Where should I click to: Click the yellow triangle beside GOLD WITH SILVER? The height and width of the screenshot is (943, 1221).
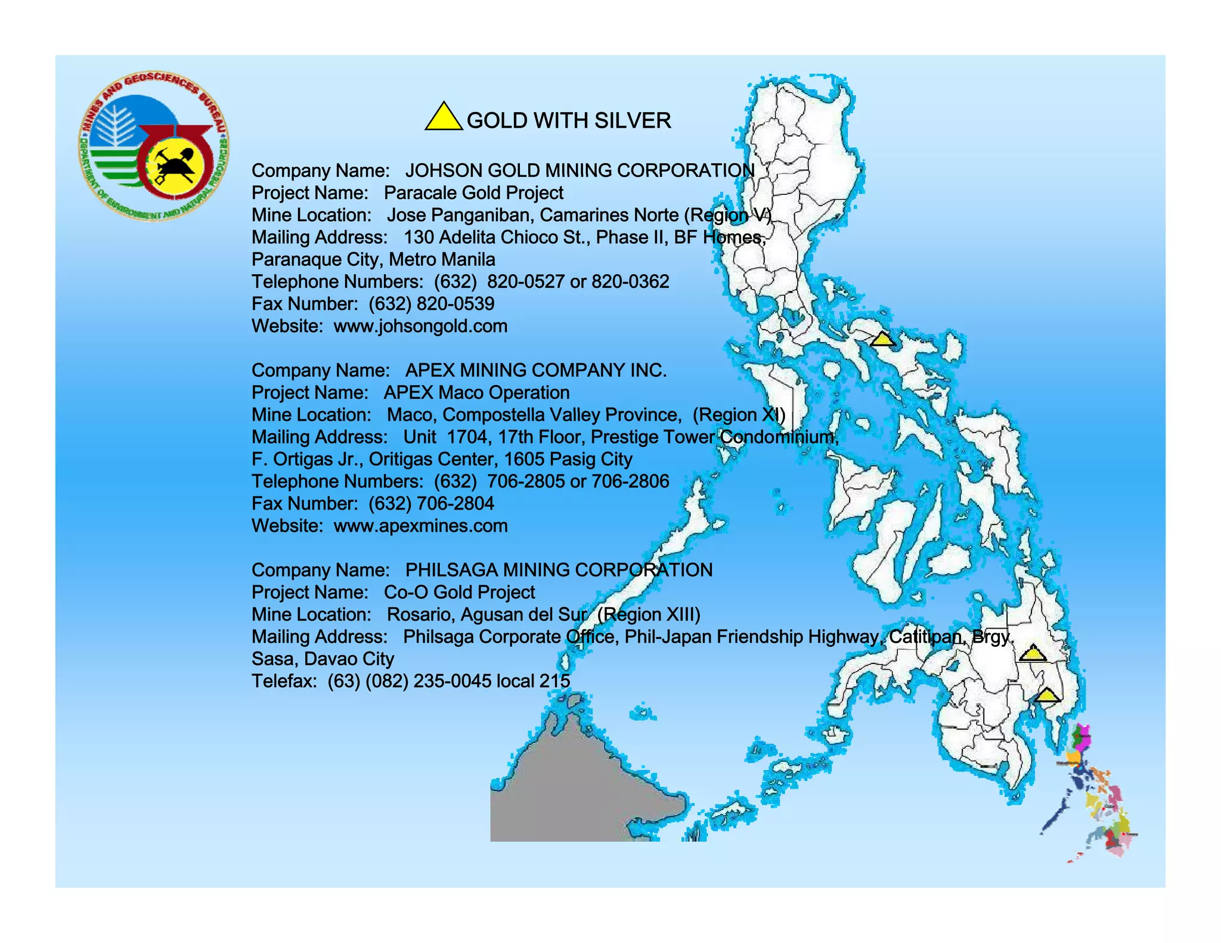pyautogui.click(x=443, y=118)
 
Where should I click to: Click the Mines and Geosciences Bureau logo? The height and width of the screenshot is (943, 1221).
pyautogui.click(x=153, y=147)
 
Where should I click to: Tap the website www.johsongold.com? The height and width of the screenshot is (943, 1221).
pyautogui.click(x=420, y=326)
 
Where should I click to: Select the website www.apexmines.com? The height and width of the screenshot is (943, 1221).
pyautogui.click(x=420, y=526)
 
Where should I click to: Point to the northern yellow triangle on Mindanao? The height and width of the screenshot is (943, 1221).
pyautogui.click(x=1032, y=654)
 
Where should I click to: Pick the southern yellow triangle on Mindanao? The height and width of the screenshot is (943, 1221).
pyautogui.click(x=1047, y=696)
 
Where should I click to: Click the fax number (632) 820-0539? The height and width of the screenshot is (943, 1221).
pyautogui.click(x=431, y=304)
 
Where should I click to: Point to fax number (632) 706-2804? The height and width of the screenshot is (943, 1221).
pyautogui.click(x=431, y=504)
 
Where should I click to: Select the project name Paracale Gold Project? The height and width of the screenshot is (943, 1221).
pyautogui.click(x=473, y=193)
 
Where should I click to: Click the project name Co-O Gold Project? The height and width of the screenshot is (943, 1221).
pyautogui.click(x=459, y=592)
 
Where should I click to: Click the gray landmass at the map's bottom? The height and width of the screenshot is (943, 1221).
pyautogui.click(x=572, y=793)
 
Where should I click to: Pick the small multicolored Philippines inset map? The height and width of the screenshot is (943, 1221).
pyautogui.click(x=1094, y=793)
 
